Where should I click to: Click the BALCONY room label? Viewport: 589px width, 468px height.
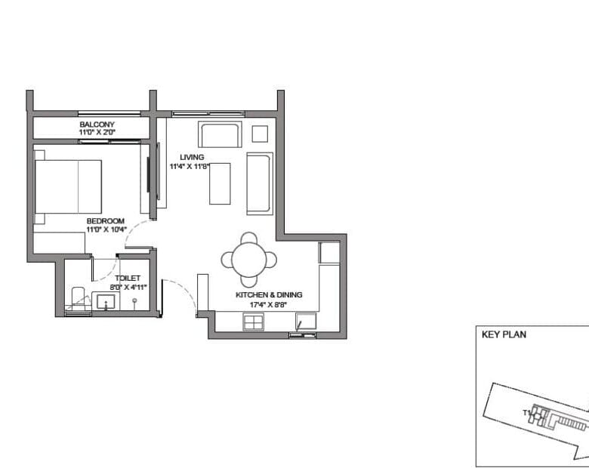coord(97,125)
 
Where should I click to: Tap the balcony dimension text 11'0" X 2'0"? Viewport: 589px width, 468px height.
coord(97,132)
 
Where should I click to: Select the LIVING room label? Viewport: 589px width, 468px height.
coord(192,157)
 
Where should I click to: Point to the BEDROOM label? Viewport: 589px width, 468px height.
coord(106,221)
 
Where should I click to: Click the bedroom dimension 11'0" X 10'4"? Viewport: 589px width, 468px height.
coord(106,229)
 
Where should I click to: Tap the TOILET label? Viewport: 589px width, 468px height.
coord(128,279)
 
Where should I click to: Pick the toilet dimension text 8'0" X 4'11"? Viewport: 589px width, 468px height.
coord(128,288)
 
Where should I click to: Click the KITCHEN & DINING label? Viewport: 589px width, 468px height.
coord(269,295)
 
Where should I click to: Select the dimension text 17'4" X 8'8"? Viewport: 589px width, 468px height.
coord(269,305)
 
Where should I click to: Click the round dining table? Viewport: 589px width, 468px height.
coord(249,260)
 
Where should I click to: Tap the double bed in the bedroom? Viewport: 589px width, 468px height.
coord(68,186)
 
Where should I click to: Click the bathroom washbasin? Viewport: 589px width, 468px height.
coord(106,302)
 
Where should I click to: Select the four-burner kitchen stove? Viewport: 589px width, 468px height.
coord(254,322)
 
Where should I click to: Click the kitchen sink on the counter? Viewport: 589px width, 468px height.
coord(306,322)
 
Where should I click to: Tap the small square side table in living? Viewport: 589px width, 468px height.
coord(260,134)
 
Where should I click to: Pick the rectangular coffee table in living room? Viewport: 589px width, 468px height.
coord(220,183)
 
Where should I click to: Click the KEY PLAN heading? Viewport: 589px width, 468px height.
coord(504,334)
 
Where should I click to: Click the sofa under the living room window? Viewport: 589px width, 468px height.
coord(220,134)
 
